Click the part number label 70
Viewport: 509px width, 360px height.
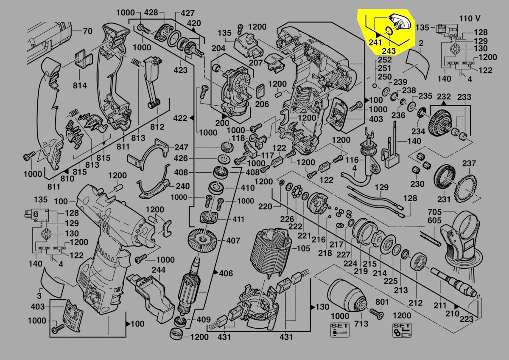(x=87, y=31)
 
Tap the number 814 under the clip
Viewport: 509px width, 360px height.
(x=79, y=85)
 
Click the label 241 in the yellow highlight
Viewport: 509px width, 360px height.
(x=375, y=42)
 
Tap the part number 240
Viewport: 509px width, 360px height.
(x=182, y=186)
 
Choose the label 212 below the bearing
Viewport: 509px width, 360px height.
(x=416, y=303)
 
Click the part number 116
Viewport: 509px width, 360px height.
(x=352, y=160)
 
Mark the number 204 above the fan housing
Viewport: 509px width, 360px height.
(x=218, y=49)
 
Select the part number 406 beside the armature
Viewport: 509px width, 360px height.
(x=226, y=273)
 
